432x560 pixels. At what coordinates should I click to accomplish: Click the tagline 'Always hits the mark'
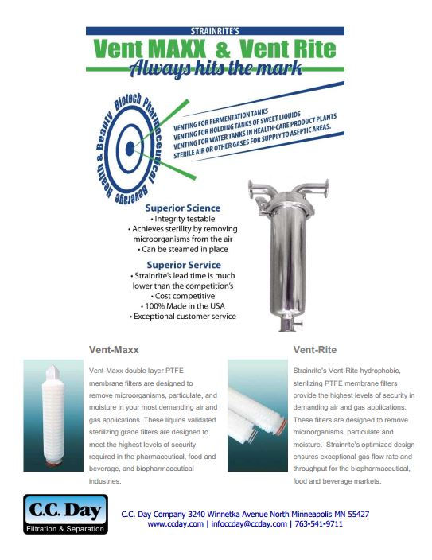[214, 68]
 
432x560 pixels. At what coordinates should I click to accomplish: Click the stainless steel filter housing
[290, 247]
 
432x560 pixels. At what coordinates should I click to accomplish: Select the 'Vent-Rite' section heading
[314, 349]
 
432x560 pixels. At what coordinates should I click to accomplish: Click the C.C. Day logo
[55, 515]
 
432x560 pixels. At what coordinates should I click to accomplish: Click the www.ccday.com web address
[176, 524]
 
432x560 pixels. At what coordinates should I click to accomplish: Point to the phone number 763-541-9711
[317, 524]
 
